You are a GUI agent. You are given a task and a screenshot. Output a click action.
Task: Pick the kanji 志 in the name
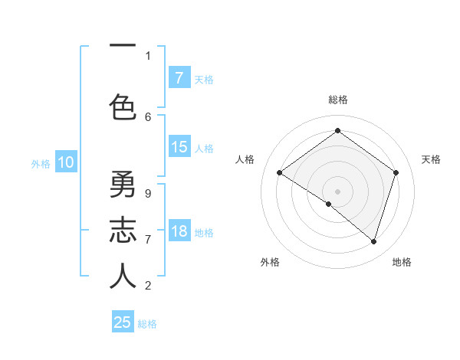click(x=123, y=231)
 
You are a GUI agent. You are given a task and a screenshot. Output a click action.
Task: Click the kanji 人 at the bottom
click(x=123, y=277)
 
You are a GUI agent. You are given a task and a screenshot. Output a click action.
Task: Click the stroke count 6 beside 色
click(x=148, y=116)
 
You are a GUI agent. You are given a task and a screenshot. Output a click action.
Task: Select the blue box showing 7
click(x=179, y=77)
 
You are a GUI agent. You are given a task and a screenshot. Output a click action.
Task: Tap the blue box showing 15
click(x=179, y=147)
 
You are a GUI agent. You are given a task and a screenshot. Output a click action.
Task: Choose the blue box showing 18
click(x=179, y=231)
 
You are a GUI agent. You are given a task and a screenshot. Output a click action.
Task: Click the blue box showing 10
click(x=66, y=162)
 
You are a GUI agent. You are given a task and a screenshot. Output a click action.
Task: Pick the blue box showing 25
click(x=123, y=322)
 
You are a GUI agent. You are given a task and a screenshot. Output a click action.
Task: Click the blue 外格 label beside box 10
click(x=41, y=163)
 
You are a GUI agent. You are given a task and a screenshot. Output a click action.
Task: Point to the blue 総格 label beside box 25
click(x=147, y=324)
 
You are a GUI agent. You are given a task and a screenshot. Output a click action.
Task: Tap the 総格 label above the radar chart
click(x=337, y=100)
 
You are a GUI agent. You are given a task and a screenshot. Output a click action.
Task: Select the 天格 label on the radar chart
click(x=432, y=159)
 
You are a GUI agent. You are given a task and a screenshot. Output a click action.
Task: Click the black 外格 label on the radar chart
click(x=270, y=262)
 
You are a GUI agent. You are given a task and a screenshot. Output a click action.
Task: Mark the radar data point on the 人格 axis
click(x=280, y=173)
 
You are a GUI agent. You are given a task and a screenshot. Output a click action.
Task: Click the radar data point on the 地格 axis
click(x=373, y=241)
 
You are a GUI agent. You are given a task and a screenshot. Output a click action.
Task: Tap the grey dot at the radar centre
click(x=337, y=191)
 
